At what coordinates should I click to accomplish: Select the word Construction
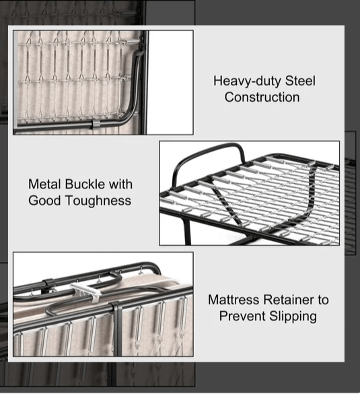click(262, 97)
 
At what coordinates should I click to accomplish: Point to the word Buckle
click(85, 184)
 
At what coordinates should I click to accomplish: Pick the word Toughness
click(98, 201)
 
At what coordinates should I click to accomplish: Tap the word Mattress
click(233, 300)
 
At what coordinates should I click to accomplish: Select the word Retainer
click(289, 300)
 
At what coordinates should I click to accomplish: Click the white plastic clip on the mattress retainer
click(86, 292)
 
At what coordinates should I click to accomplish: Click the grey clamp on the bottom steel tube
click(96, 124)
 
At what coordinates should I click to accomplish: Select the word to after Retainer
click(324, 300)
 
